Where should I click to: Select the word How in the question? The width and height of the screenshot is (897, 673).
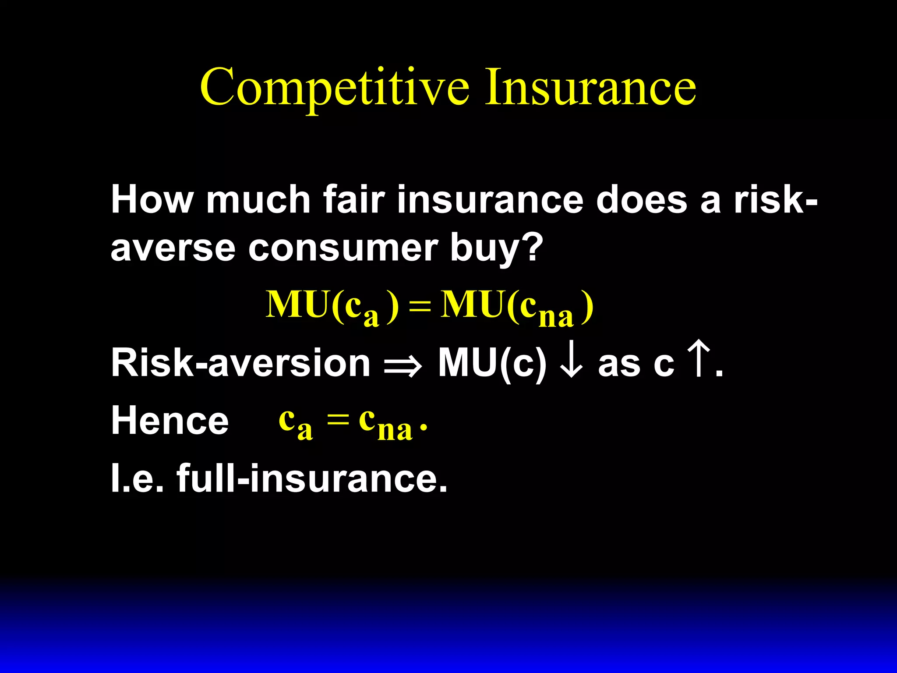[152, 200]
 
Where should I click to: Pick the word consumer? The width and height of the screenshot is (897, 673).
[343, 248]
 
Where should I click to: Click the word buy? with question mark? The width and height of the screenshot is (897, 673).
[496, 248]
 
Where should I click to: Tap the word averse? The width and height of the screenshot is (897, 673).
[173, 248]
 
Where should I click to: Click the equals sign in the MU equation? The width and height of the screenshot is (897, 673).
[419, 305]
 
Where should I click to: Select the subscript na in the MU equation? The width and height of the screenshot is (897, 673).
[556, 316]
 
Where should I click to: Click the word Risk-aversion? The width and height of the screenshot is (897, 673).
[240, 363]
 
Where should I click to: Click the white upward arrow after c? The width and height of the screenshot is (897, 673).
[698, 360]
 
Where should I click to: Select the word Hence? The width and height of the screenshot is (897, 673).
[170, 421]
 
